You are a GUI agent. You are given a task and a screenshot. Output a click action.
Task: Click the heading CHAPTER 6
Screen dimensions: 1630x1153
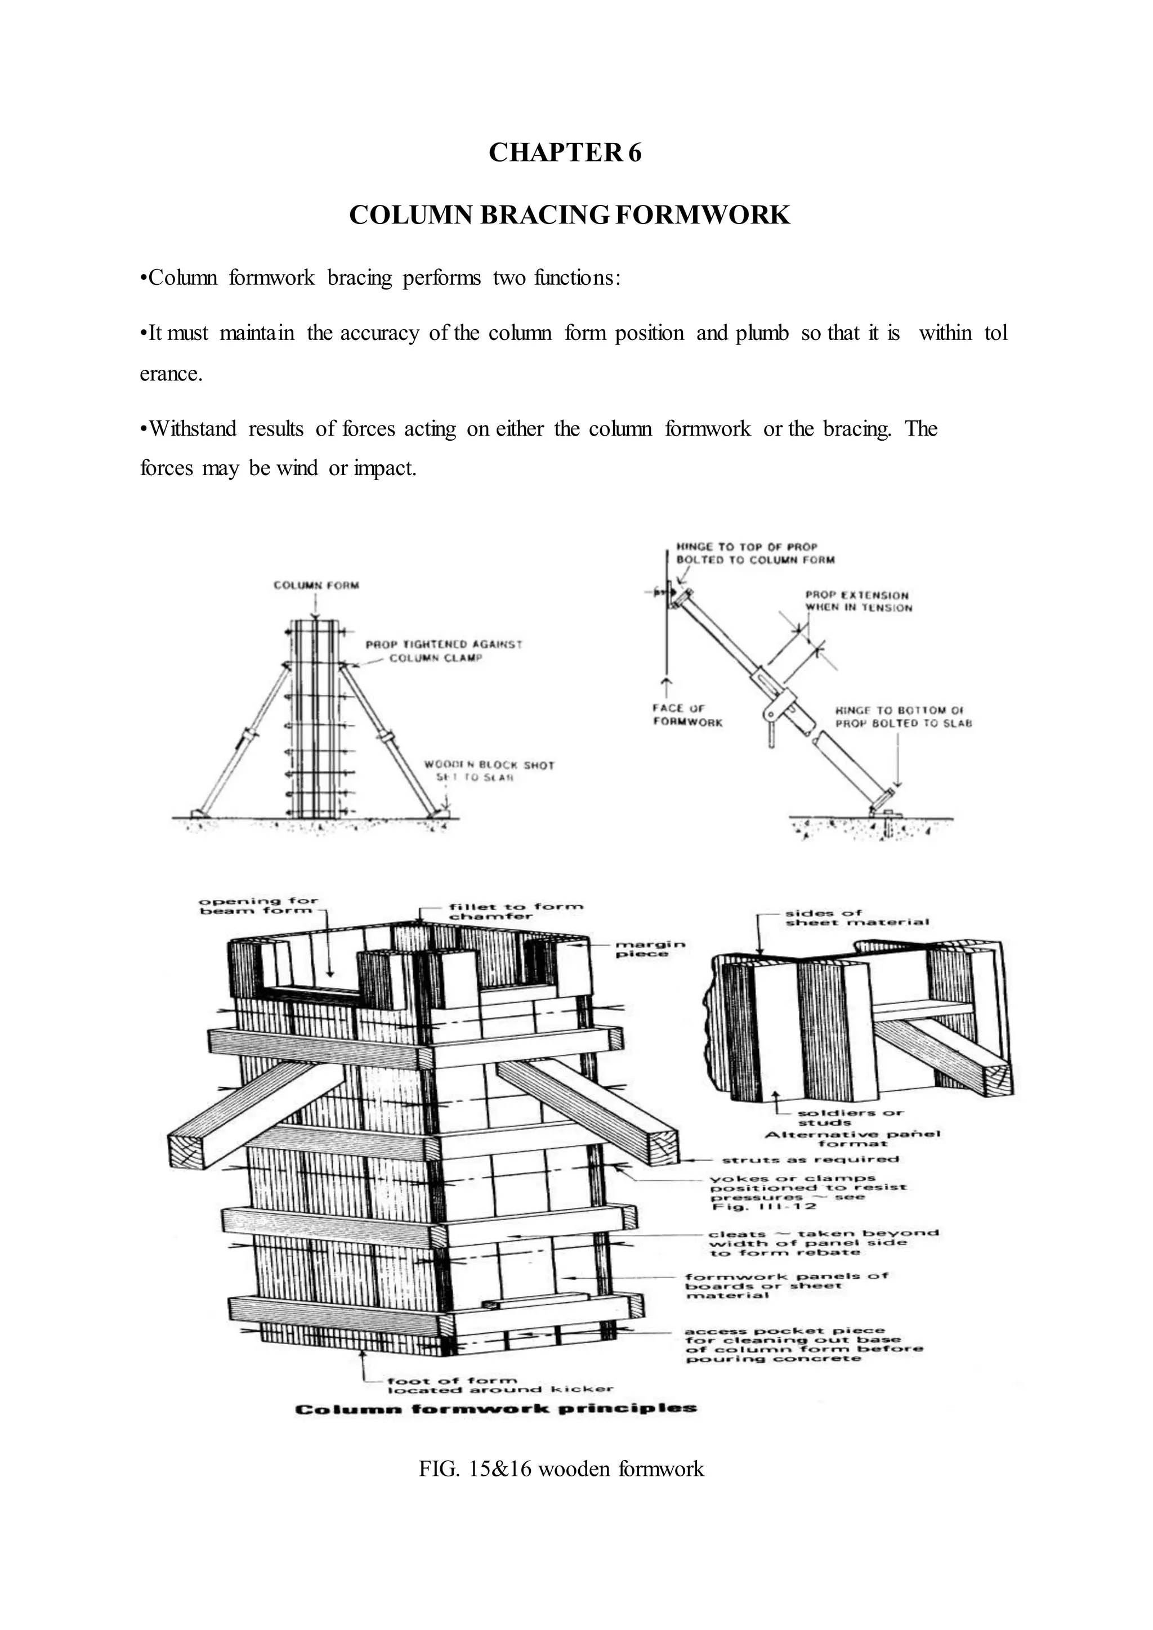coord(565,153)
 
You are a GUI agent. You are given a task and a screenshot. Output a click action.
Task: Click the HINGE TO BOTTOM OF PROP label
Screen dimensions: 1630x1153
coord(902,717)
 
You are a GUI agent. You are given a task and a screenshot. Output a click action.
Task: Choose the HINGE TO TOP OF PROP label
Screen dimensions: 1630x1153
coord(755,553)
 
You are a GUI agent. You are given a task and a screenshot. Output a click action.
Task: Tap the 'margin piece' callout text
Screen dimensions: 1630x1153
coord(649,949)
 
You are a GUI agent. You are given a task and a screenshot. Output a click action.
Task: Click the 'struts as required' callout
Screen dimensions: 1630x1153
coord(810,1159)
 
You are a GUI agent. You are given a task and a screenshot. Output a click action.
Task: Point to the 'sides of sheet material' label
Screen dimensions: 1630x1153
coord(856,918)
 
